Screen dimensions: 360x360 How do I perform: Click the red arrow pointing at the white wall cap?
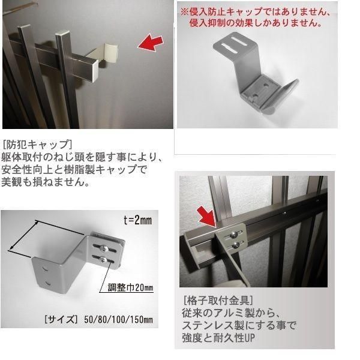point(149,44)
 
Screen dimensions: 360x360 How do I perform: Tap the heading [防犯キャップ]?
point(37,144)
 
